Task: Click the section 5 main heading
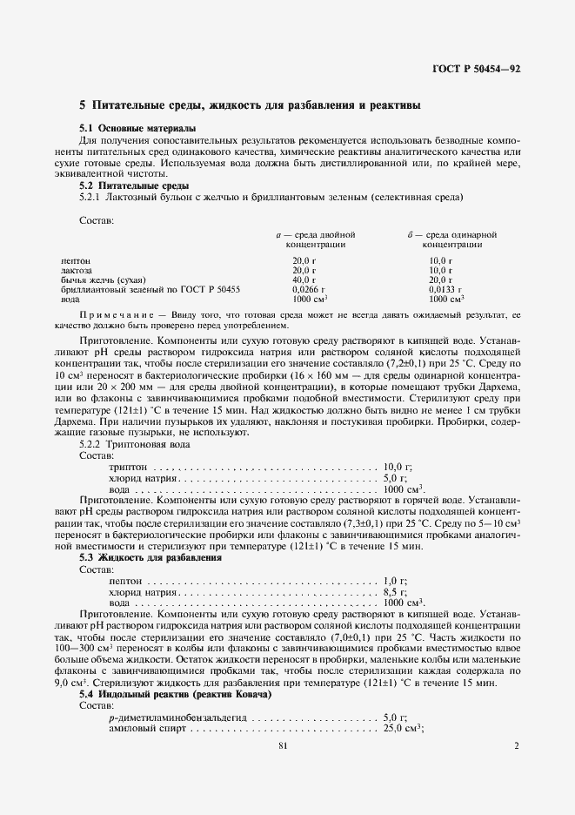[x=251, y=105]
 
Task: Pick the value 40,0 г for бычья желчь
[x=304, y=280]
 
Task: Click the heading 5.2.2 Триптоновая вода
[x=130, y=443]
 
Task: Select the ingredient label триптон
[x=128, y=467]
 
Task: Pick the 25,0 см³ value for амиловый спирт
[x=403, y=728]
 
